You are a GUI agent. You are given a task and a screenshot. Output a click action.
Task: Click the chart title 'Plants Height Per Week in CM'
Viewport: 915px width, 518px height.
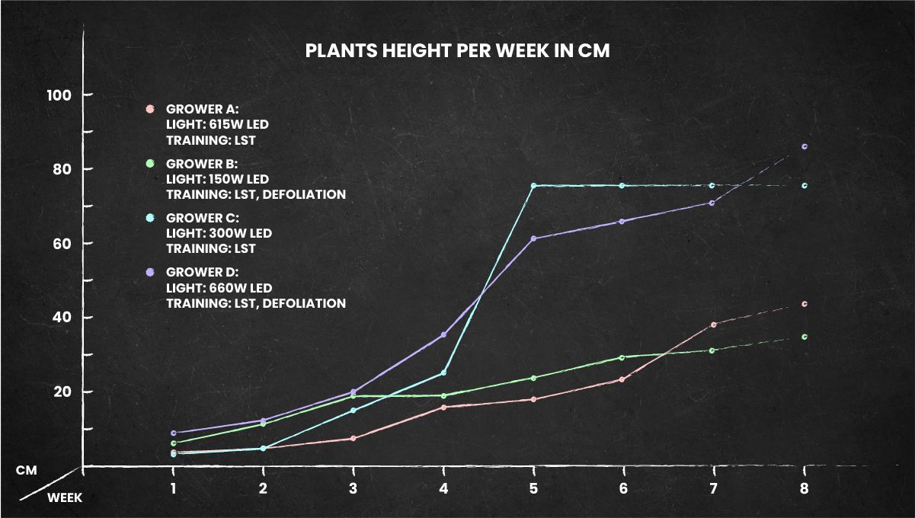click(457, 51)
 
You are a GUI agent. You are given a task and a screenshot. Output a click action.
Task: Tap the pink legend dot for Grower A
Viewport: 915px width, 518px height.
click(150, 109)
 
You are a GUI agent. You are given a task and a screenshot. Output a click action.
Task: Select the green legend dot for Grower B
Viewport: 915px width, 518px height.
click(150, 164)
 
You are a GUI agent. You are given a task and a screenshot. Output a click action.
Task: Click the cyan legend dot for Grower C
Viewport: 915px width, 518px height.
click(150, 218)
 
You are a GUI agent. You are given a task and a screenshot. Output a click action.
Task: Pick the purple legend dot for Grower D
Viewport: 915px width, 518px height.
click(150, 272)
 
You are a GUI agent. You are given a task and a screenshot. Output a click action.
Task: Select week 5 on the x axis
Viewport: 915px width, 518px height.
click(533, 488)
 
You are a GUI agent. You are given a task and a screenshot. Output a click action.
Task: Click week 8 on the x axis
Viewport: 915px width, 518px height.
click(804, 488)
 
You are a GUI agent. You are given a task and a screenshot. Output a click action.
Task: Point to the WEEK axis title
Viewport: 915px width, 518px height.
click(65, 497)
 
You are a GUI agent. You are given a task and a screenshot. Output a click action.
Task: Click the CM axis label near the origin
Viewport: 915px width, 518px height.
click(27, 471)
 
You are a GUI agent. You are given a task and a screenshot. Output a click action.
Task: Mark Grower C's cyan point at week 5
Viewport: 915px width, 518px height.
click(533, 186)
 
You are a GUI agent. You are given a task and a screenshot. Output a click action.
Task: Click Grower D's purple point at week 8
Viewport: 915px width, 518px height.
click(804, 146)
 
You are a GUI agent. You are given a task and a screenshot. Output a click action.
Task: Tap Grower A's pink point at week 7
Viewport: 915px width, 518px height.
click(713, 325)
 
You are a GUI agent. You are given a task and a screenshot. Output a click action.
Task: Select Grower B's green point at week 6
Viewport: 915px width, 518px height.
click(622, 357)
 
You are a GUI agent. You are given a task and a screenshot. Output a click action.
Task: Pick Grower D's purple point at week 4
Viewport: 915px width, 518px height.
click(443, 335)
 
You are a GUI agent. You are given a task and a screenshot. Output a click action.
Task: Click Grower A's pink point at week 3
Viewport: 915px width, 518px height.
click(353, 438)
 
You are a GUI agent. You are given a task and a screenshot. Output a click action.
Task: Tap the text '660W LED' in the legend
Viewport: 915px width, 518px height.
click(238, 288)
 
